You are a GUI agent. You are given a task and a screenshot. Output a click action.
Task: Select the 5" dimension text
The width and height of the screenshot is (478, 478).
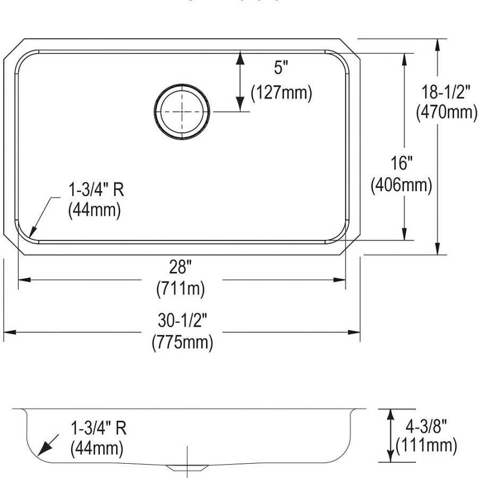coord(281,69)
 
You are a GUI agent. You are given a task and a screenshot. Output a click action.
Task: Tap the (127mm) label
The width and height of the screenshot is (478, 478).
coord(281,92)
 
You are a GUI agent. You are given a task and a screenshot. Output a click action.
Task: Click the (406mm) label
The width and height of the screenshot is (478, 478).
coord(401,185)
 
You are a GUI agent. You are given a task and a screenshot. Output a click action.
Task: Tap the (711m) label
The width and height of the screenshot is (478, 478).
coord(181,289)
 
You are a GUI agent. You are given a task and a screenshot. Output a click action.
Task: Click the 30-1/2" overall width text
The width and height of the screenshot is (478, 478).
coord(182,320)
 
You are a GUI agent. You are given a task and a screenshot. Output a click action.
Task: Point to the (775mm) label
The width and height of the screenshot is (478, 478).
coord(182,342)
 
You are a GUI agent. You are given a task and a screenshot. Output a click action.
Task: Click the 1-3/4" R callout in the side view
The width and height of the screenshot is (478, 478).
coord(98,428)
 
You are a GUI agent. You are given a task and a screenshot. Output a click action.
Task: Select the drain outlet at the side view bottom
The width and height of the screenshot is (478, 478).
coord(186,467)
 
